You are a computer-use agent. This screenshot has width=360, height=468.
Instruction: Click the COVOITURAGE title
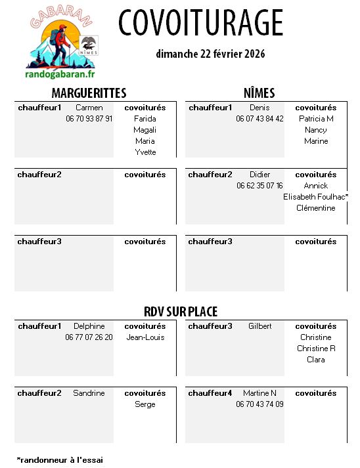click(201, 24)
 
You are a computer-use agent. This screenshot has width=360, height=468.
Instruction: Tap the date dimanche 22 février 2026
click(210, 54)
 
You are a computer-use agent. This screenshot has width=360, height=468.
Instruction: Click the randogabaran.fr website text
click(60, 75)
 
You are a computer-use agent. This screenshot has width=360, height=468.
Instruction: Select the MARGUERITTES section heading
click(89, 93)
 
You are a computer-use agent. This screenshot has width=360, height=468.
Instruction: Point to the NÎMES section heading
click(259, 93)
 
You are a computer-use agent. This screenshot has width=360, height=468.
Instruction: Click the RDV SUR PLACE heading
click(181, 312)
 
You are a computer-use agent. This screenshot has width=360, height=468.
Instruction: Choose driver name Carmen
click(89, 108)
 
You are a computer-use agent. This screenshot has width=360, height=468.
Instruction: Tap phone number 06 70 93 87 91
click(89, 119)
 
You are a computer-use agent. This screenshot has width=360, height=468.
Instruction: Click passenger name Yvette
click(145, 152)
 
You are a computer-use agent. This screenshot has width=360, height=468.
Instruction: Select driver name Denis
click(259, 108)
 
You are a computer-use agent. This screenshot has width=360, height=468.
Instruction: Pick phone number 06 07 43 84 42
click(259, 119)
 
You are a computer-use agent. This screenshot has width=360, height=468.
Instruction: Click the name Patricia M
click(316, 119)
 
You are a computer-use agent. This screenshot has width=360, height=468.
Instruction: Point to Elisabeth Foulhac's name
click(315, 197)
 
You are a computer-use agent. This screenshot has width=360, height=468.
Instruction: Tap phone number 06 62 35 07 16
click(259, 186)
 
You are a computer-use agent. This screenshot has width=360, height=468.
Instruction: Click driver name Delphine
click(89, 326)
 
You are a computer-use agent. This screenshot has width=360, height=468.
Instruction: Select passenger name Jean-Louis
click(145, 337)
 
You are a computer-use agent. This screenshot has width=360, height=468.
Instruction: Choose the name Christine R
click(316, 349)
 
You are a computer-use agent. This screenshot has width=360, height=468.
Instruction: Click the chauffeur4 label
click(210, 393)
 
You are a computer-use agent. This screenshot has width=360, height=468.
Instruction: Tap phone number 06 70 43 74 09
click(259, 404)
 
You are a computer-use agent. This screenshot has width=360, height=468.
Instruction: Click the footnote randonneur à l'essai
click(60, 460)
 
